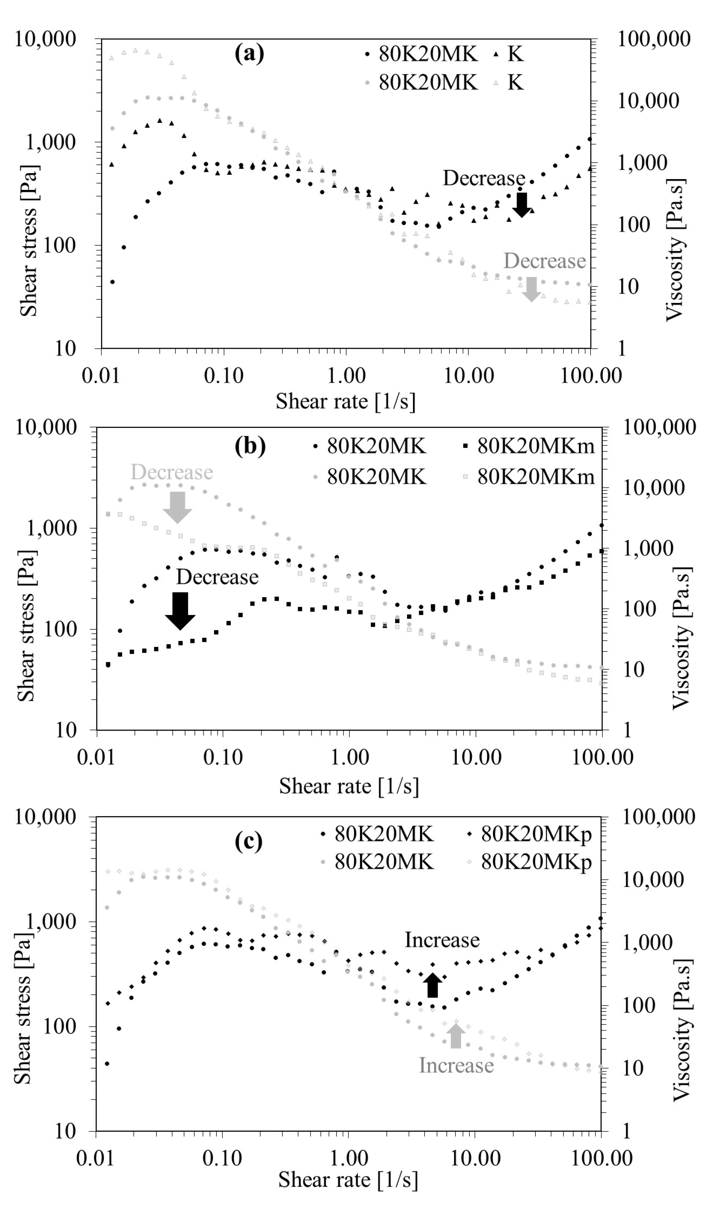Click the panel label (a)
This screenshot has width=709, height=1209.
(x=249, y=53)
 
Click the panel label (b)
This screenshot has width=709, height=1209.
(x=250, y=446)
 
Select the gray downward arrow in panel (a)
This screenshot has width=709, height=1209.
(x=531, y=289)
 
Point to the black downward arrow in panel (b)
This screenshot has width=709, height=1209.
(x=180, y=611)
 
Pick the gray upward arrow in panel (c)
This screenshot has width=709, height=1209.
(x=456, y=1036)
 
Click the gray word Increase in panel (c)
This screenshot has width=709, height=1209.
(x=456, y=1065)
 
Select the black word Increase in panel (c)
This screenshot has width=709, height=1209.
(x=442, y=940)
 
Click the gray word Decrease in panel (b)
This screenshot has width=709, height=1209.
(x=171, y=472)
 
